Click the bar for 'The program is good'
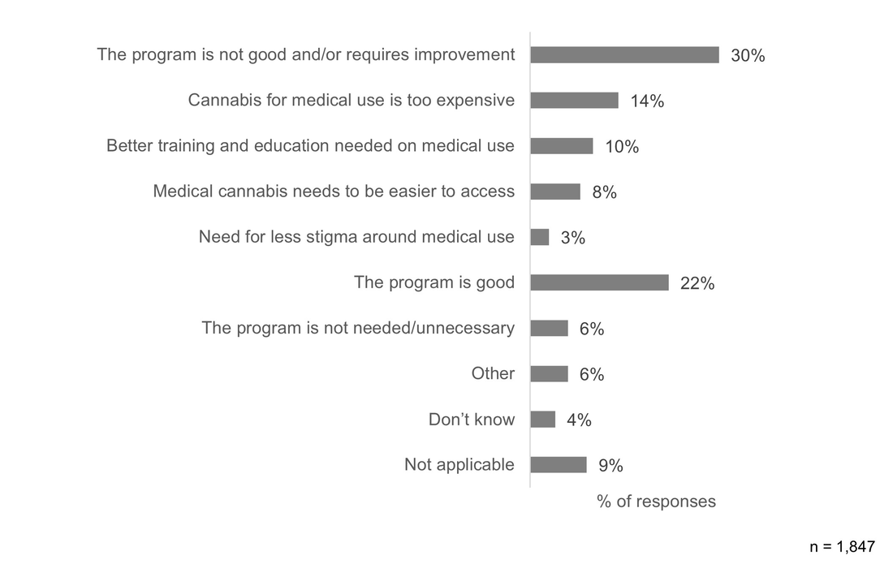tap(599, 282)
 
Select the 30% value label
tap(748, 56)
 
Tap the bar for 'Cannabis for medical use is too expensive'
tap(574, 100)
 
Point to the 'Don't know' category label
tap(472, 420)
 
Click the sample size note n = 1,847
tap(843, 546)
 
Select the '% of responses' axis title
tap(656, 502)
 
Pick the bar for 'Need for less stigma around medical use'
tap(540, 237)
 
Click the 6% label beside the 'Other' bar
tap(592, 374)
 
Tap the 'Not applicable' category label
tap(459, 465)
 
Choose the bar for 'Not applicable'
tap(559, 465)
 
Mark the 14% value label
tap(647, 101)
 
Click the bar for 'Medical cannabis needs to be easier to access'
tap(555, 192)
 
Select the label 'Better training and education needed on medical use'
tap(310, 146)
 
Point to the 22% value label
tap(697, 284)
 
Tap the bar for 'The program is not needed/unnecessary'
tap(549, 328)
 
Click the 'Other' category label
tap(493, 374)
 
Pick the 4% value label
tap(579, 420)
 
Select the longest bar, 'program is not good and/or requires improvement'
tap(624, 54)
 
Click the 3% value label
tap(572, 239)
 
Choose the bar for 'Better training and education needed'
tap(562, 146)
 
